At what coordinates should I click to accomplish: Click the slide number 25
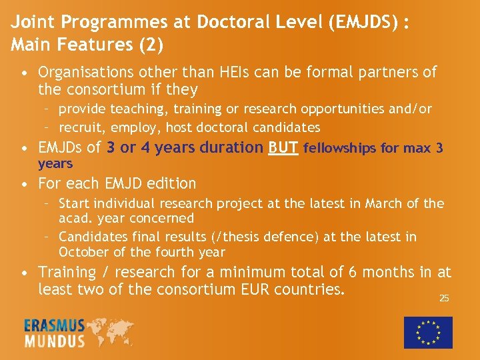(444, 298)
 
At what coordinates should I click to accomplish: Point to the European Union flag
(428, 331)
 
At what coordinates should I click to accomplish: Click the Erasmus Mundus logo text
(55, 333)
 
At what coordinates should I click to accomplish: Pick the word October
(84, 252)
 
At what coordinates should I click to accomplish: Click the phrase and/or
(409, 109)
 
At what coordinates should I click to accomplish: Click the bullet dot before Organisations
(23, 72)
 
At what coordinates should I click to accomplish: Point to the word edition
(172, 183)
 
